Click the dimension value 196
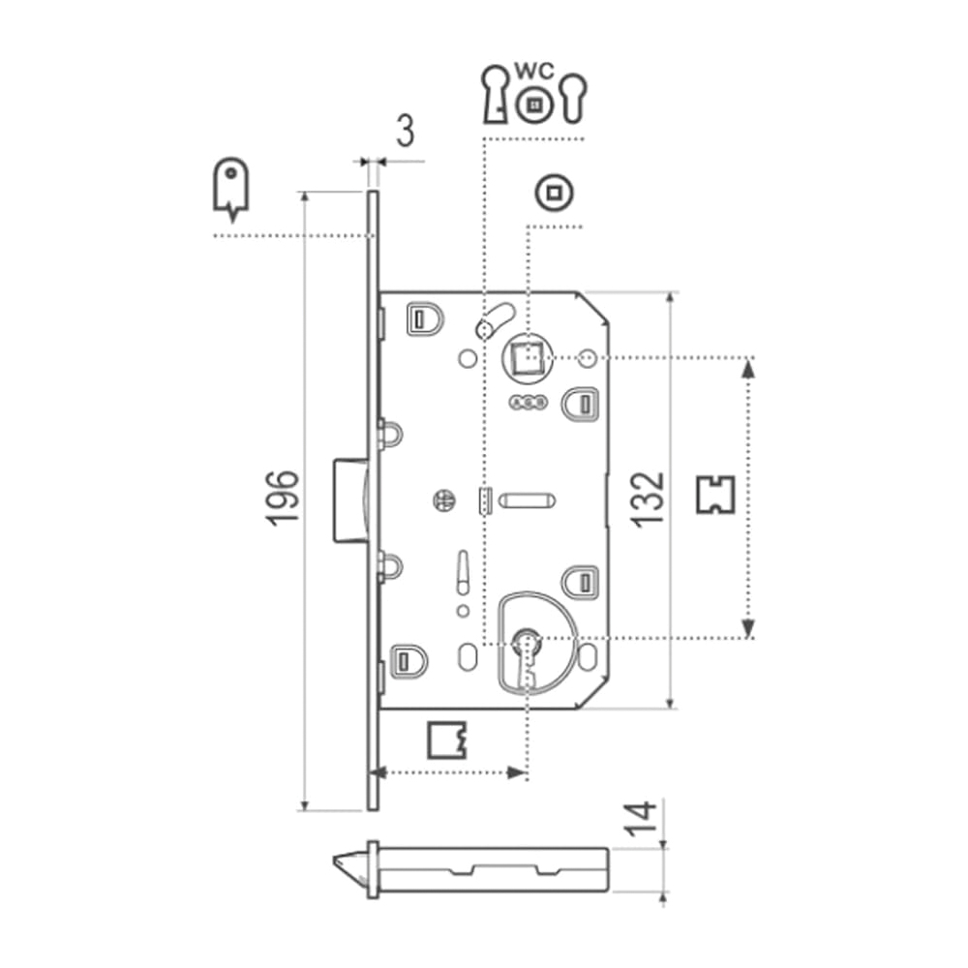coord(282,498)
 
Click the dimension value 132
coord(648,499)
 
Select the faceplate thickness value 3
coord(405,131)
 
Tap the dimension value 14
coord(640,818)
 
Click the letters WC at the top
coord(534,72)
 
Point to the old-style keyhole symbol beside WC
coord(495,94)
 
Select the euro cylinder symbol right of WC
coord(574,98)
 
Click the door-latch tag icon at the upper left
coord(231,189)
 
